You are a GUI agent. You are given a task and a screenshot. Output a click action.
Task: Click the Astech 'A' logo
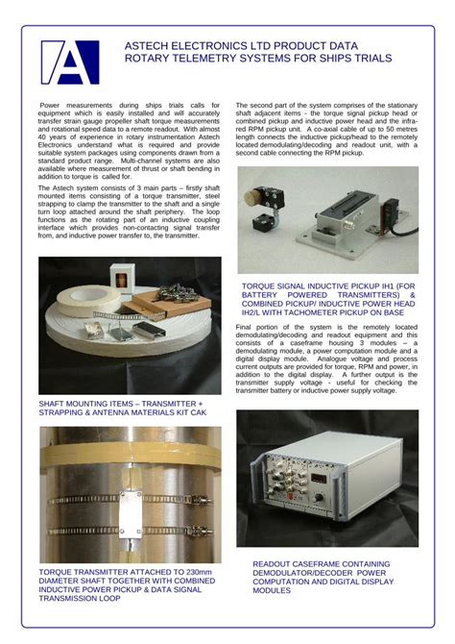point(70,62)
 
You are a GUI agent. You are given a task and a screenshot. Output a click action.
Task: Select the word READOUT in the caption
point(276,564)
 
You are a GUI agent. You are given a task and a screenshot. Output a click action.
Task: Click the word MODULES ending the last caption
point(273,590)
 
